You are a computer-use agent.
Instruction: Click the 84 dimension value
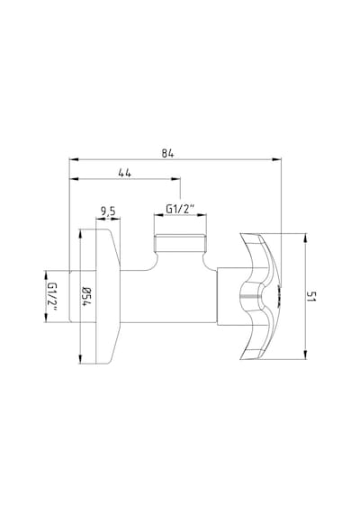(167, 153)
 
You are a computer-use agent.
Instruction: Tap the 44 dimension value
(125, 173)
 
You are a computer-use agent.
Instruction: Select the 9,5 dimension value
(108, 212)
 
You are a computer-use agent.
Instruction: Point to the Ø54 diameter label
(86, 296)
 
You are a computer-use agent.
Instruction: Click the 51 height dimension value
(311, 296)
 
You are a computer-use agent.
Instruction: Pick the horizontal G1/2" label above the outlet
(180, 209)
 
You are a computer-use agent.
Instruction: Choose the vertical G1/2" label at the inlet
(52, 296)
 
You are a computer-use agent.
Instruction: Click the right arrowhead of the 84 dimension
(277, 159)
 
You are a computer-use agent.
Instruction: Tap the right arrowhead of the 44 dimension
(176, 179)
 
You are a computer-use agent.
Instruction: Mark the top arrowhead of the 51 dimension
(305, 238)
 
